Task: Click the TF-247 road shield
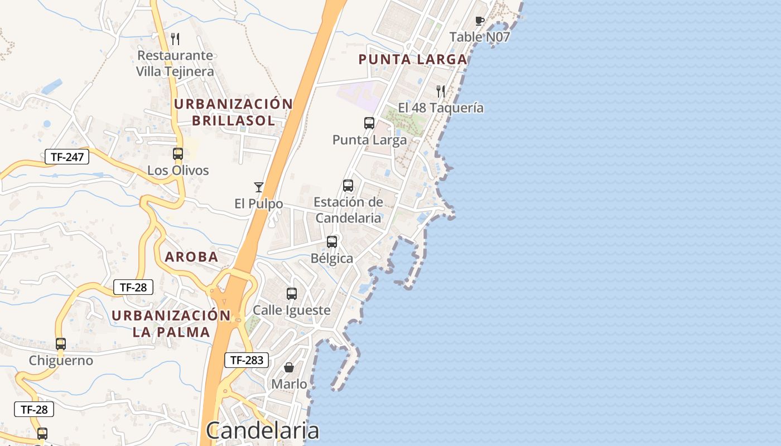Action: point(67,157)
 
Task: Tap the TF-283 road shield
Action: point(247,360)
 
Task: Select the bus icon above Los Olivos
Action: point(178,154)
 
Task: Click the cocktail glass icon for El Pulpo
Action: point(258,187)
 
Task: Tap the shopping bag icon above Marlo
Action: point(289,367)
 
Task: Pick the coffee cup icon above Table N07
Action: point(479,21)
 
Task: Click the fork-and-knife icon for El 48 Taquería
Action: point(441,91)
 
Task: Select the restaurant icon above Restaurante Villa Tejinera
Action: point(175,39)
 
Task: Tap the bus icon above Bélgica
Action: point(332,242)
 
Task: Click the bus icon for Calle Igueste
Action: point(292,294)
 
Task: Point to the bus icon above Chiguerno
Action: point(61,344)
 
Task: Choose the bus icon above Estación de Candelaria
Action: point(348,186)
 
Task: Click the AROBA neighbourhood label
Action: point(191,257)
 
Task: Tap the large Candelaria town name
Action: point(262,430)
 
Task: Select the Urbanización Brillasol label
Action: point(233,112)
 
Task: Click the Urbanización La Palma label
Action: point(171,323)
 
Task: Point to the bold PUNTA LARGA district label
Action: point(413,60)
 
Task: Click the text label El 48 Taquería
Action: point(441,108)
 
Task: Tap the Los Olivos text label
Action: point(178,171)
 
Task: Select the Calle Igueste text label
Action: point(292,311)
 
